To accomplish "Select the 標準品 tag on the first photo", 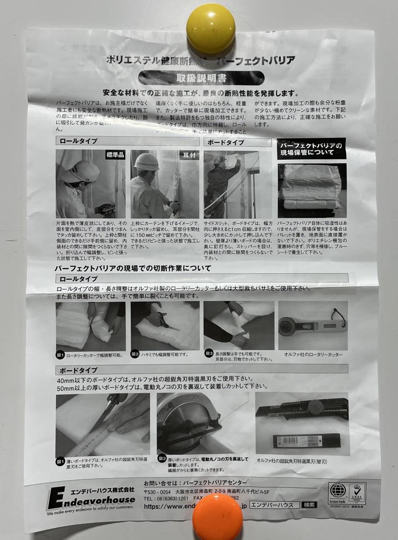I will click(x=115, y=155).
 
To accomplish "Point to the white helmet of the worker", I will click(x=147, y=162).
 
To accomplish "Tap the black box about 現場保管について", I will click(x=311, y=149).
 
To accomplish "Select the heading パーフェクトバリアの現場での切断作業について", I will click(x=133, y=269).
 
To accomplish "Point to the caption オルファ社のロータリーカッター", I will click(x=313, y=355).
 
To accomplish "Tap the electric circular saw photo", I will click(x=202, y=423).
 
